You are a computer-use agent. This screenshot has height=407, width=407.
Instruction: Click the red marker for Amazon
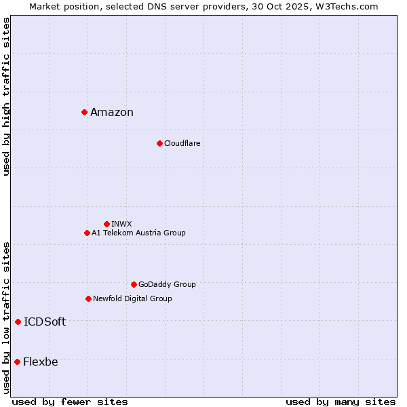[x=84, y=112]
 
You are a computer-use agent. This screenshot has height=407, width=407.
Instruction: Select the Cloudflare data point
[x=159, y=143]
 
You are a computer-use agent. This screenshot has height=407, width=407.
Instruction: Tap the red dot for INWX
[x=106, y=224]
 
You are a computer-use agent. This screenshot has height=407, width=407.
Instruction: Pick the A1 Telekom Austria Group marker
[x=87, y=233]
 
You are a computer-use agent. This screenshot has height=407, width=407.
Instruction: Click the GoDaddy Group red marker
[x=134, y=284]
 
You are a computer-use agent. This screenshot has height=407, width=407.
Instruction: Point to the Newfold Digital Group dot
[x=88, y=298]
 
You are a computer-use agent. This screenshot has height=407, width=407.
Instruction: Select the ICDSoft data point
[x=18, y=322]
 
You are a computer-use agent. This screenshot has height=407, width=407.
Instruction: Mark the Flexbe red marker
[x=17, y=362]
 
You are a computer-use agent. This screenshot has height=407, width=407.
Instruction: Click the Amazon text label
[x=112, y=113]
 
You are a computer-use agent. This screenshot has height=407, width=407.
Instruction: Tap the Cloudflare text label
[x=182, y=143]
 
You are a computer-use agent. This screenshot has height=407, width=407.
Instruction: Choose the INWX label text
[x=121, y=224]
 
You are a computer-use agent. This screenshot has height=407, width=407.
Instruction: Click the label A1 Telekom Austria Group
[x=138, y=233]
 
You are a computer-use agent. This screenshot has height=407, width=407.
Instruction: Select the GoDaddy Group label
[x=167, y=284]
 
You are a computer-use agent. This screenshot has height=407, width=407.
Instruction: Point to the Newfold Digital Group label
[x=132, y=298]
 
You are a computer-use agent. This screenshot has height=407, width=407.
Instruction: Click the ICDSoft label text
[x=45, y=322]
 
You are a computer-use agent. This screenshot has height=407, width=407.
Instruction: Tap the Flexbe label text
[x=41, y=362]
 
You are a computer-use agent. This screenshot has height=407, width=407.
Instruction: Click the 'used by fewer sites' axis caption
[x=70, y=402]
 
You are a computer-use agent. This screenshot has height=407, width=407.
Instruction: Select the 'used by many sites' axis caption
[x=341, y=402]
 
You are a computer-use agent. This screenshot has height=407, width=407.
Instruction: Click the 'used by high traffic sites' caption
[x=7, y=96]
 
